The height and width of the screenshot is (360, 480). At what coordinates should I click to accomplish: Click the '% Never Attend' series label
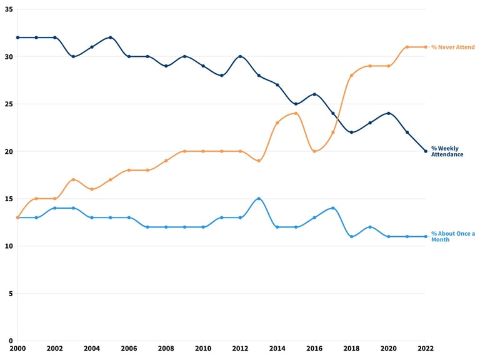tap(452, 47)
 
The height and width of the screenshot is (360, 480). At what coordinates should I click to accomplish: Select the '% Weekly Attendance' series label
tap(447, 151)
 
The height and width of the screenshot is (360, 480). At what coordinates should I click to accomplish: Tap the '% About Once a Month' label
tap(453, 236)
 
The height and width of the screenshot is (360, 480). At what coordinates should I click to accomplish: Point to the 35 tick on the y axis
tap(9, 9)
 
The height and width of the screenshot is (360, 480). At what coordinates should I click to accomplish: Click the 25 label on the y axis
tap(9, 104)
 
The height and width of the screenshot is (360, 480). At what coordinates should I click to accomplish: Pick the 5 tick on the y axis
tap(11, 294)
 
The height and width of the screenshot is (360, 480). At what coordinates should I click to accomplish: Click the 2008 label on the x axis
tap(166, 348)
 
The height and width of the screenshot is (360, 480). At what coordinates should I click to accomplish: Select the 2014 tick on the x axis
tap(277, 348)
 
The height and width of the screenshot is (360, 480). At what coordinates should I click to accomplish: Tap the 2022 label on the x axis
tap(426, 348)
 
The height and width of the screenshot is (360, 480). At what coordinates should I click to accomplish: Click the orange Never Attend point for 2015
tap(296, 114)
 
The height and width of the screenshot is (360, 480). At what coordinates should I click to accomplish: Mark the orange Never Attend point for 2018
tap(351, 75)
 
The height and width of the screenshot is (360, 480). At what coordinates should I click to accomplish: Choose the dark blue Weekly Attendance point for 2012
tap(240, 57)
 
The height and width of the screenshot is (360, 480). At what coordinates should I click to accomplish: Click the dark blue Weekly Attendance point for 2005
tap(111, 37)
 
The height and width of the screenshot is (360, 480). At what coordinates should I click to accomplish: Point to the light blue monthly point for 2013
tap(259, 199)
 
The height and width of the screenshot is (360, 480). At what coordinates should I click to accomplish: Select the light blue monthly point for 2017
tap(333, 208)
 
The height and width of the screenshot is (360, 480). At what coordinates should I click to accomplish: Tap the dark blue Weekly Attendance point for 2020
tap(389, 114)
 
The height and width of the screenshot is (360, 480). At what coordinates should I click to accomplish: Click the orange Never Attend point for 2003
tap(74, 180)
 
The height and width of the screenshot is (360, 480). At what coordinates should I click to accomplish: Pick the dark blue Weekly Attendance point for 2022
tap(426, 151)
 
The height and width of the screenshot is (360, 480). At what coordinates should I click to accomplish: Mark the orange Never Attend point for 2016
tap(314, 151)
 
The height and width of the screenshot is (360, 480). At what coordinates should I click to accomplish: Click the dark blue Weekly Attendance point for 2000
tap(17, 37)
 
